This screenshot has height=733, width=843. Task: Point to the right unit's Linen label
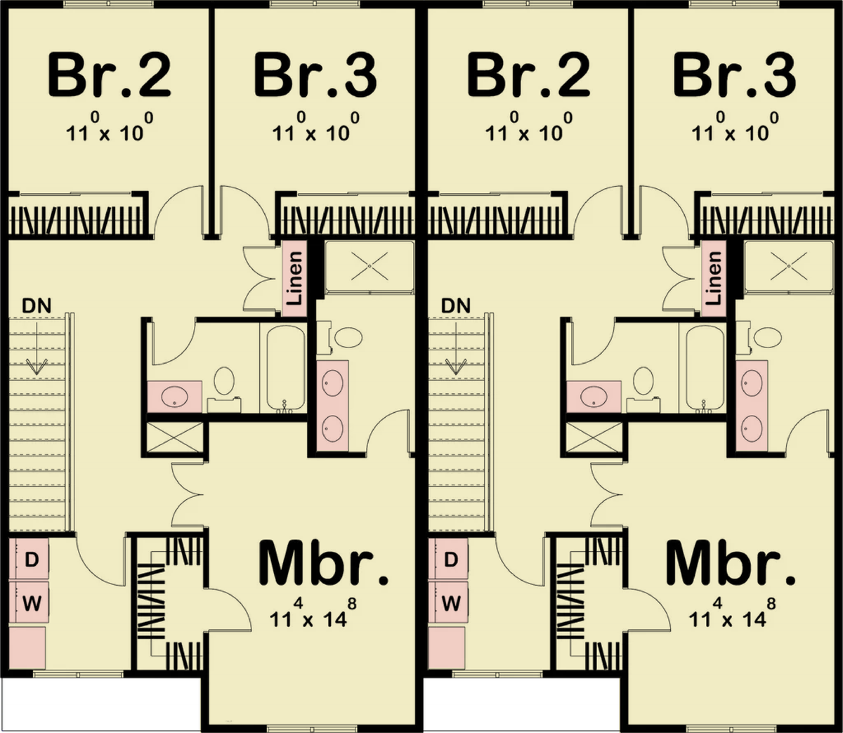click(x=714, y=278)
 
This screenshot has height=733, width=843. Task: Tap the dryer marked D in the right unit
click(x=451, y=560)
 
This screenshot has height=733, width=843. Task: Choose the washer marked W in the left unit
click(x=32, y=602)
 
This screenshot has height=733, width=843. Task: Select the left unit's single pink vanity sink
click(x=173, y=397)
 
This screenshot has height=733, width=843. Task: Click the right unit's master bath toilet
click(x=765, y=337)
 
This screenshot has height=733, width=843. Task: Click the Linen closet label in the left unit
click(x=295, y=278)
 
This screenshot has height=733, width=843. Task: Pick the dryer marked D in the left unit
click(x=32, y=560)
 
